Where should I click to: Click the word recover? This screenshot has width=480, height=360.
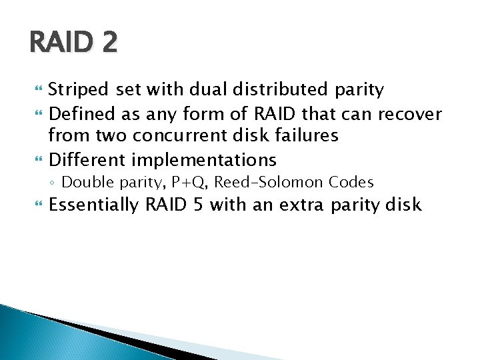(410, 114)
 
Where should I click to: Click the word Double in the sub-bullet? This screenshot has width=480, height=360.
(84, 182)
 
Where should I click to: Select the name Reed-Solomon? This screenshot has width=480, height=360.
(270, 182)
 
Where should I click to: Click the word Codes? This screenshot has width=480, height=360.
(351, 182)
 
